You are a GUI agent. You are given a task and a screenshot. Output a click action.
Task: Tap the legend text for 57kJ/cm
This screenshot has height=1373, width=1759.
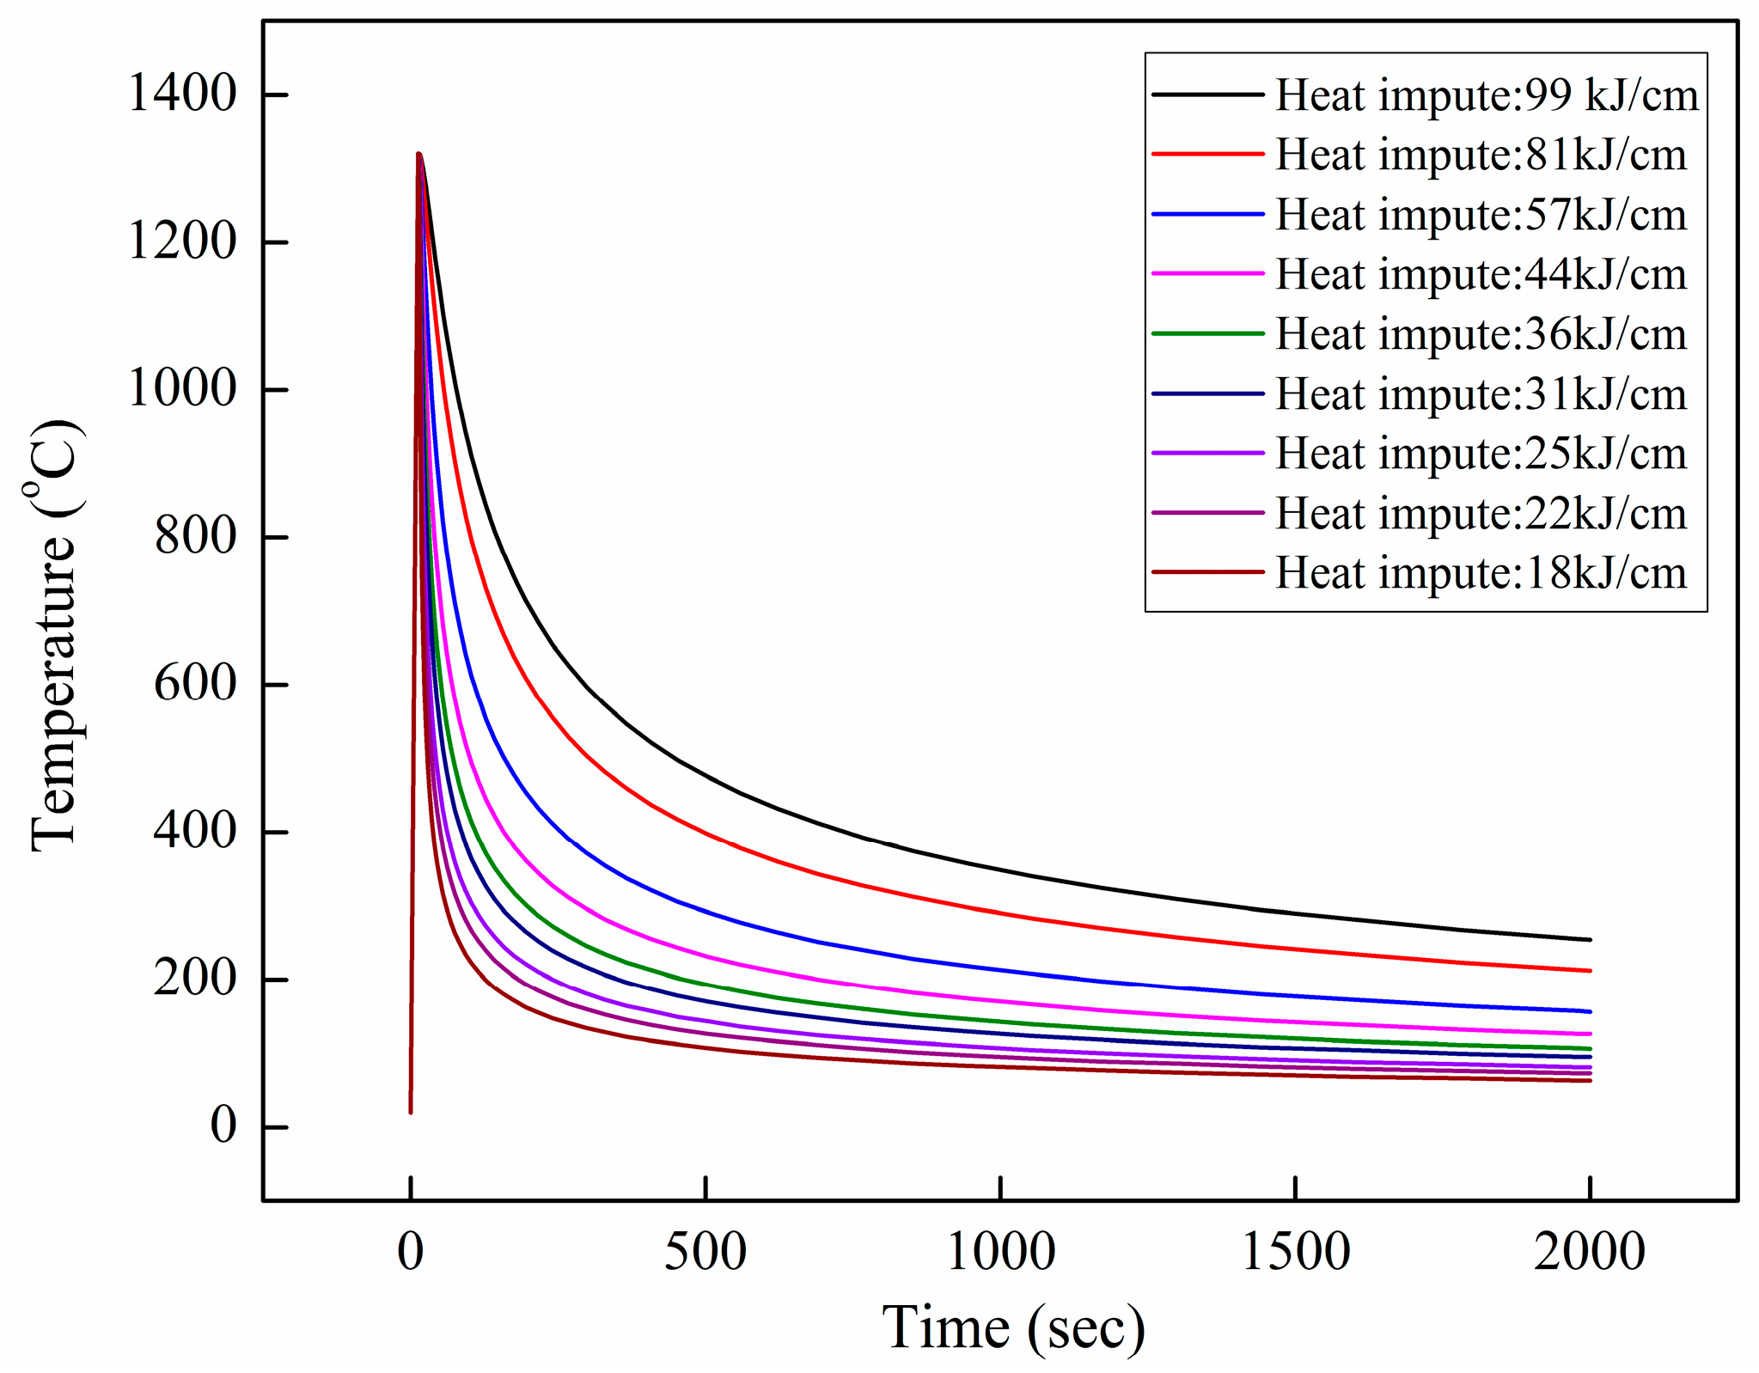coord(1481,215)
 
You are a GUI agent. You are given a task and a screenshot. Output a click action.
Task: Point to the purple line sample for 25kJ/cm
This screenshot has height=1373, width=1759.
coord(1207,453)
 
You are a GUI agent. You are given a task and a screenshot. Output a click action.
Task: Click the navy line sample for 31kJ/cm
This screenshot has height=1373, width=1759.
coord(1207,394)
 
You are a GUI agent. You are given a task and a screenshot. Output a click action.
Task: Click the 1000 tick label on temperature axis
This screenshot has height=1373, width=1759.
coord(181,388)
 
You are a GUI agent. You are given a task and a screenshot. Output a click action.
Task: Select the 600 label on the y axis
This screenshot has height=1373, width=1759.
coord(194,684)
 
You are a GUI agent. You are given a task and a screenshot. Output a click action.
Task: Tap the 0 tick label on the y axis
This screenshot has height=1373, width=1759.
coord(223,1126)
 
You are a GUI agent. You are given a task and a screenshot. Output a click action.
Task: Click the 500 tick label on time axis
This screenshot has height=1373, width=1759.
coord(705,1252)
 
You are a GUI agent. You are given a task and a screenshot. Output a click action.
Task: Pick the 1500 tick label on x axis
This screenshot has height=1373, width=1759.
coord(1295,1252)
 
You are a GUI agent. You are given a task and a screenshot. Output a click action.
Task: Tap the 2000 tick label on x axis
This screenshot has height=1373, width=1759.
coord(1589,1252)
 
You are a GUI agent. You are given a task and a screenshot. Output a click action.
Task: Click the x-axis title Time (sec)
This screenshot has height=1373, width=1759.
coord(1013,1328)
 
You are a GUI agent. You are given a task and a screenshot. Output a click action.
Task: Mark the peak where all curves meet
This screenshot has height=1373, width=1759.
coord(418,155)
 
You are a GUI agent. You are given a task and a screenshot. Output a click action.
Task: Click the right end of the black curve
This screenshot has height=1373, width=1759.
coord(1589,940)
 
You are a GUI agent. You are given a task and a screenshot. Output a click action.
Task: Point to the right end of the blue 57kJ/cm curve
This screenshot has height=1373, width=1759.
coord(1589,1011)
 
